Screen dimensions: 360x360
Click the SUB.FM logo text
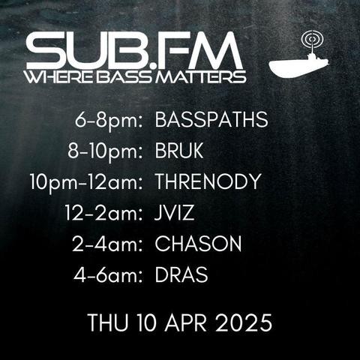(134, 51)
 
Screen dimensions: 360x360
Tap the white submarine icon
(298, 66)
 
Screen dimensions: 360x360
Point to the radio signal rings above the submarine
(312, 39)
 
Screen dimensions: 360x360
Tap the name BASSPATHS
(211, 119)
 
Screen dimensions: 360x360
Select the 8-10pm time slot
(105, 151)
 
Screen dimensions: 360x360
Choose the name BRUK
(179, 151)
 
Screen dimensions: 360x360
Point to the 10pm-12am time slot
(86, 182)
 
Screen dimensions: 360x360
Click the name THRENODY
(208, 181)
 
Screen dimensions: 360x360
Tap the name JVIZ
(174, 213)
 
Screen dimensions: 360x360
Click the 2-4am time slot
(107, 244)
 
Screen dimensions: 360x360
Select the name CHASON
(198, 244)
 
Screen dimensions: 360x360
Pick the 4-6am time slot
(108, 275)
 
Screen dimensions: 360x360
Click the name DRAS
(181, 274)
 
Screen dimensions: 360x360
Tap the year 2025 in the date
(244, 322)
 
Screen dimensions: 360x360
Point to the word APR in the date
(186, 322)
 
